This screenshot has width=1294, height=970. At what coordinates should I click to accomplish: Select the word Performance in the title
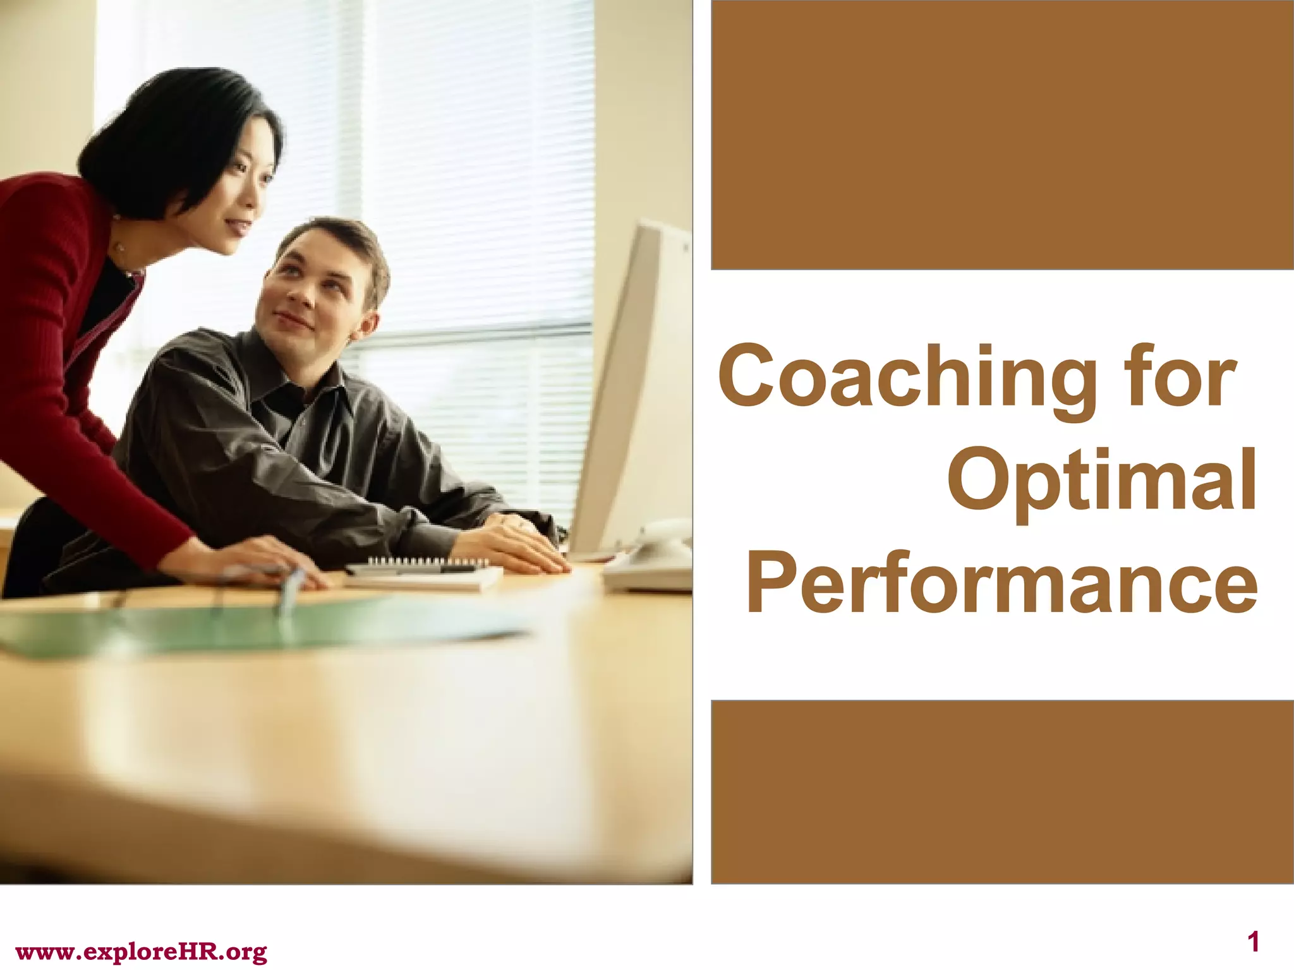click(x=1002, y=582)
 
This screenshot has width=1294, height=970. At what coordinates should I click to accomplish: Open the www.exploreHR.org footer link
click(x=141, y=951)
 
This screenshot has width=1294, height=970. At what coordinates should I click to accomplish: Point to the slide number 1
click(x=1254, y=943)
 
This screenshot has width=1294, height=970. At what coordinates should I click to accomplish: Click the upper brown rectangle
click(x=1002, y=135)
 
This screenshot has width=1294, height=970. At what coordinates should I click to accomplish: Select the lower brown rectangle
click(x=1002, y=791)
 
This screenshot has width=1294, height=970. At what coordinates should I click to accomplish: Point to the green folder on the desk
click(x=253, y=625)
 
